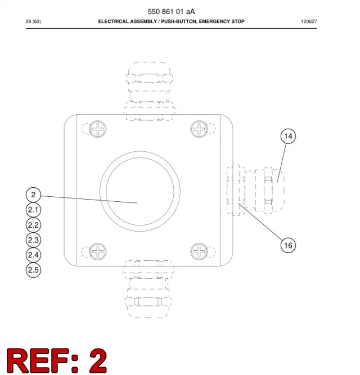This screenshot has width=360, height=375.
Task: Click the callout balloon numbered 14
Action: [x=288, y=136]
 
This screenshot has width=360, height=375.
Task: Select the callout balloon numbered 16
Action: [x=288, y=245]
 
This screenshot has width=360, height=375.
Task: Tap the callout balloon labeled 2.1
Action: [x=33, y=210]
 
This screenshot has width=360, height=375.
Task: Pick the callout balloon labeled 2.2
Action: [x=33, y=225]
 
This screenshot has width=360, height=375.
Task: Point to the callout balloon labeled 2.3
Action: [x=33, y=240]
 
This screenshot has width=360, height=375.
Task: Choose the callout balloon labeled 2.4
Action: [x=33, y=255]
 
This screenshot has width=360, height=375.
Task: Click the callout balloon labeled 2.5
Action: [x=33, y=270]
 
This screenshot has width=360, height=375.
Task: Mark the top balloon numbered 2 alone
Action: [x=33, y=195]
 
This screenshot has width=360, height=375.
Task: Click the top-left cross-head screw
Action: [x=98, y=129]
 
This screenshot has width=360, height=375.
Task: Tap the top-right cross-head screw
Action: [x=199, y=129]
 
